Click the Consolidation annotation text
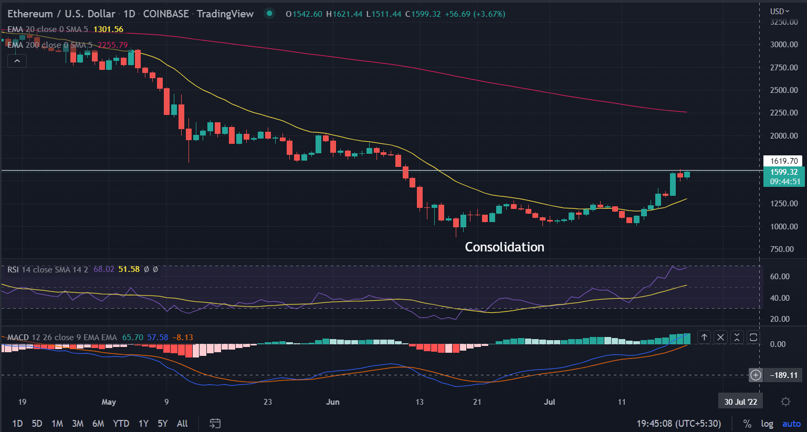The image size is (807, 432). click(504, 247)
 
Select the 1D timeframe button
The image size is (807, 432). click(17, 423)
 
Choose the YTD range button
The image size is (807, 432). click(121, 423)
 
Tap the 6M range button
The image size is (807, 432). click(98, 423)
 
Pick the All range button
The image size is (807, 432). click(182, 423)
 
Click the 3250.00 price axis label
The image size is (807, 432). click(784, 22)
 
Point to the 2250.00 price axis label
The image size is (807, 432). click(784, 113)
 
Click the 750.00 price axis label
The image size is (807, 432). click(784, 249)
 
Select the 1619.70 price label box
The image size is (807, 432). click(784, 161)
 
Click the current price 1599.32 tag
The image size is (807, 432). click(784, 172)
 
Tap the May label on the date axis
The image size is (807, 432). click(109, 402)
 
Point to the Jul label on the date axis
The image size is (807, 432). click(549, 402)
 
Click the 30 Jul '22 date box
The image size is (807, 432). click(740, 402)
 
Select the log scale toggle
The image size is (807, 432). click(767, 424)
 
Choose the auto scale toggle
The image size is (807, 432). click(792, 424)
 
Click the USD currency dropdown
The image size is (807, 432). click(780, 11)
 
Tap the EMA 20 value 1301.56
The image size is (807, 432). click(108, 29)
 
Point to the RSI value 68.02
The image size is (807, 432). click(103, 269)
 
